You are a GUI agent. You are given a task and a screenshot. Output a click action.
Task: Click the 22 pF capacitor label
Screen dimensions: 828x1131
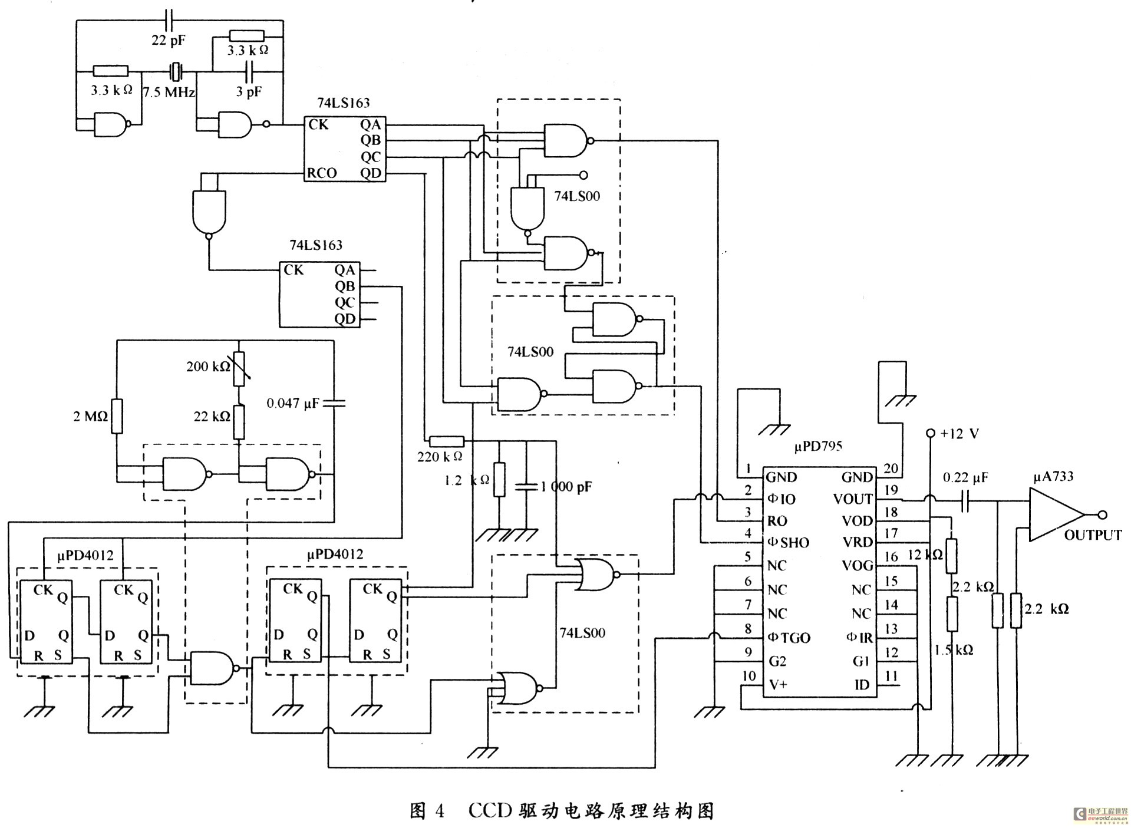[x=168, y=41]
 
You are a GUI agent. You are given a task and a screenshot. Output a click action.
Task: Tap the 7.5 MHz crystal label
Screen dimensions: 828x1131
[x=169, y=93]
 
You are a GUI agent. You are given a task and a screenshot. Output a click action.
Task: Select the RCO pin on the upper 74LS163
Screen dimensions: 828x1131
[x=322, y=173]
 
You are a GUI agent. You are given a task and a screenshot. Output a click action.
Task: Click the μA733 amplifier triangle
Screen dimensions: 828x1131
[x=1054, y=514]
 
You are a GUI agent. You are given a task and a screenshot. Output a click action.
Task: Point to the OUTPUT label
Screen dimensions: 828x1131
[x=1093, y=535]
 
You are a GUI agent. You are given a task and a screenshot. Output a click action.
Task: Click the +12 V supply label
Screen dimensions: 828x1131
[x=959, y=434]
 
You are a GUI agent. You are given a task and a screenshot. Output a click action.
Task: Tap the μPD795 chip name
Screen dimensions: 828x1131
[x=818, y=446]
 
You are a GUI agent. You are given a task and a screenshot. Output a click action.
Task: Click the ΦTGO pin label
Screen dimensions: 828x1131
[x=789, y=638]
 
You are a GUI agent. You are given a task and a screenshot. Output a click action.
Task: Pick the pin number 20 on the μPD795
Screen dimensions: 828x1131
[x=891, y=468]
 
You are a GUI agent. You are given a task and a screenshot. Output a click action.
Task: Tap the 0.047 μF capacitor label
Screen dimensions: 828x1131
[x=292, y=404]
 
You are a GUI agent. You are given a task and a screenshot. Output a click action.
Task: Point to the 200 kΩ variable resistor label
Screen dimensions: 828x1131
[x=209, y=367]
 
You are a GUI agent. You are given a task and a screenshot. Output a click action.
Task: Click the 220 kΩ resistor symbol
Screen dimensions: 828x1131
[x=446, y=441]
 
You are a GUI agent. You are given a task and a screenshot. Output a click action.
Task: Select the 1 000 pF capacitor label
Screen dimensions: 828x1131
[x=566, y=487]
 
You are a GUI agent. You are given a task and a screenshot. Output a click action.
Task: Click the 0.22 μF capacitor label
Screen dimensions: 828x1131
[x=965, y=477]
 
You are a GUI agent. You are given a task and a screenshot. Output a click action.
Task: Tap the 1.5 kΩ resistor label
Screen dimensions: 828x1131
[x=954, y=649]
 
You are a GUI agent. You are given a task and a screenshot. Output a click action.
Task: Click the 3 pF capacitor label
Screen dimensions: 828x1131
[x=249, y=91]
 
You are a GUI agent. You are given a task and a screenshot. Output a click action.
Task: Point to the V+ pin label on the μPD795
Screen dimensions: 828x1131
[x=778, y=685]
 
